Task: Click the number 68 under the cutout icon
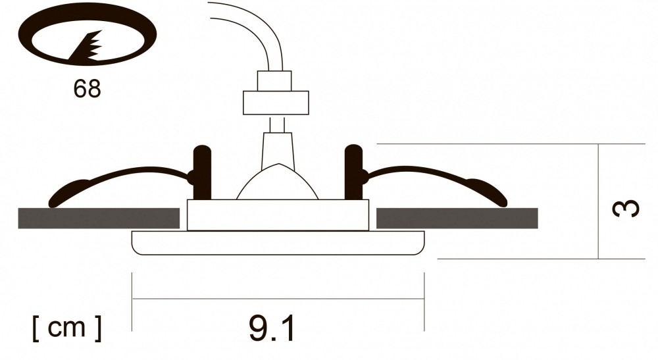coord(88,89)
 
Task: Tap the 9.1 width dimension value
coord(272,328)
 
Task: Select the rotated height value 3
coord(625,208)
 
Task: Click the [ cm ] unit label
coord(66,328)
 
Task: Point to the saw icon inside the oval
coord(88,46)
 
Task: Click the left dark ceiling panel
coord(99,219)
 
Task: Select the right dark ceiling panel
coord(457,219)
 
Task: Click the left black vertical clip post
coord(202,172)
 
